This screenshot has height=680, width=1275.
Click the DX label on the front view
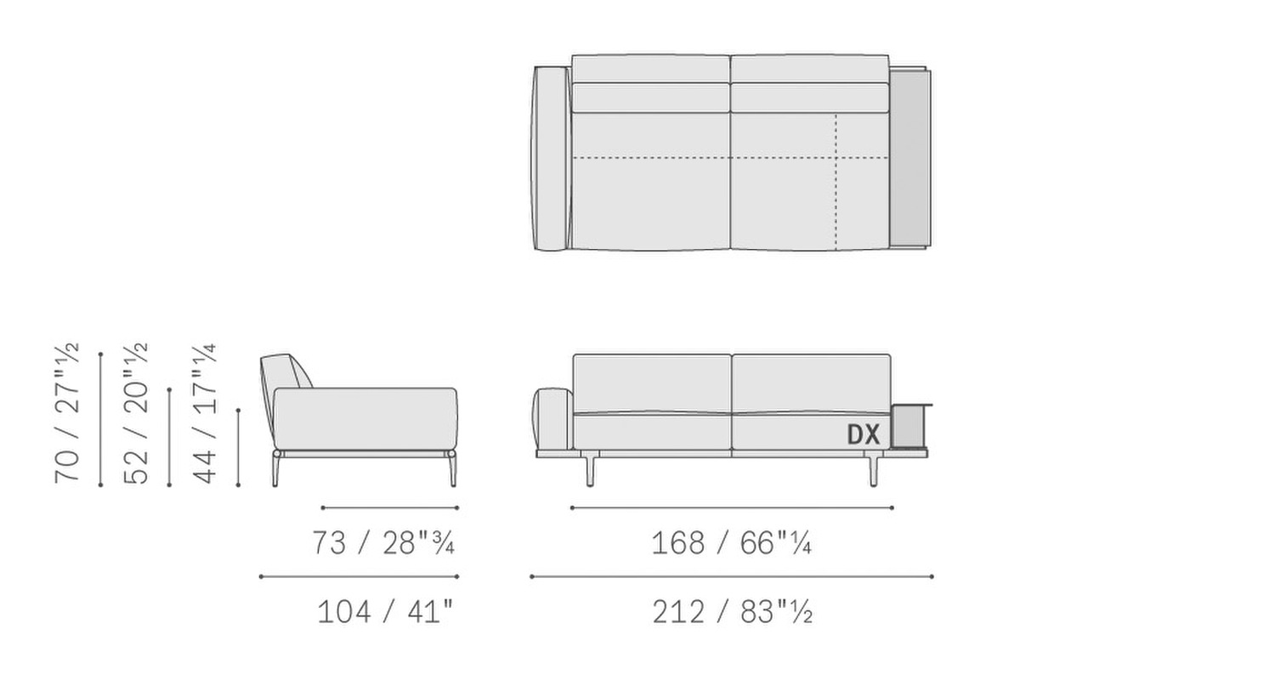(864, 434)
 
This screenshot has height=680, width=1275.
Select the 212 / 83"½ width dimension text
(732, 612)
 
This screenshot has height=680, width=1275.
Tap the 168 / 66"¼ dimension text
(731, 543)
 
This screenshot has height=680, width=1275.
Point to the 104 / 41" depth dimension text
(385, 612)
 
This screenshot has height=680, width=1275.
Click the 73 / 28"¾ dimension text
(383, 543)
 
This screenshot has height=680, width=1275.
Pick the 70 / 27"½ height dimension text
(66, 414)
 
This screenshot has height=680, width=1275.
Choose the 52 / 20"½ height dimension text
(136, 414)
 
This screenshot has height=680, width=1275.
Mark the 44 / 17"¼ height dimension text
(205, 414)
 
